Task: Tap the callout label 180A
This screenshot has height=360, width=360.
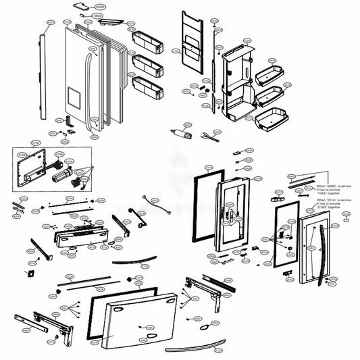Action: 97,14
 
